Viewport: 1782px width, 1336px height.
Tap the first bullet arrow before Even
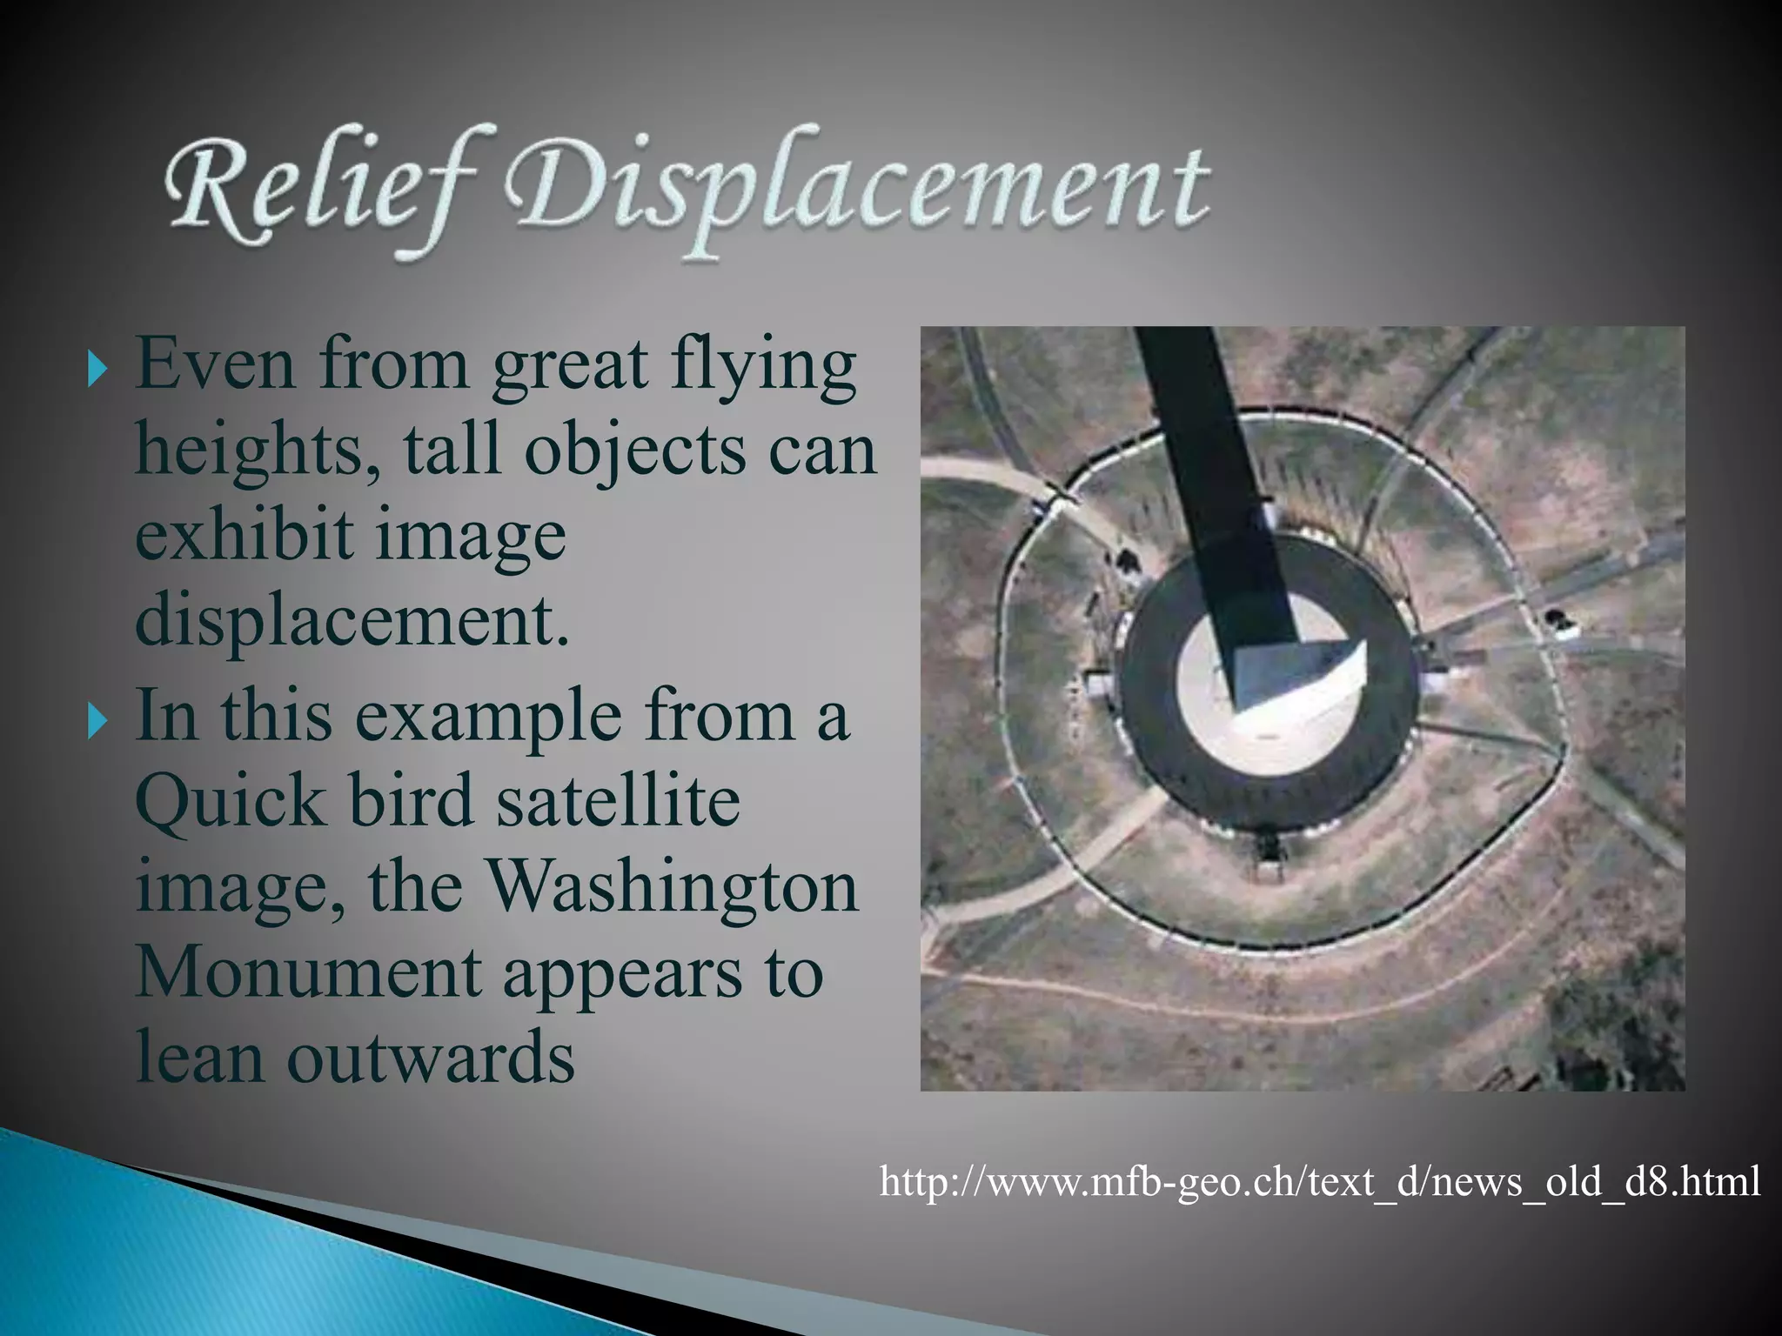(97, 370)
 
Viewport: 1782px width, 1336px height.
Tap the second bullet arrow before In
(97, 721)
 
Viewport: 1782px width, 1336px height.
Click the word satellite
(618, 801)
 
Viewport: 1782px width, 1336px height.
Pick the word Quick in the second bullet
(230, 801)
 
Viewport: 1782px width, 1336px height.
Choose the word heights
(258, 452)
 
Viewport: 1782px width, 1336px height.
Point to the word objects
(636, 452)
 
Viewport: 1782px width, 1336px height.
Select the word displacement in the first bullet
(352, 622)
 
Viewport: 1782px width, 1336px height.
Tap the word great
(570, 365)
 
